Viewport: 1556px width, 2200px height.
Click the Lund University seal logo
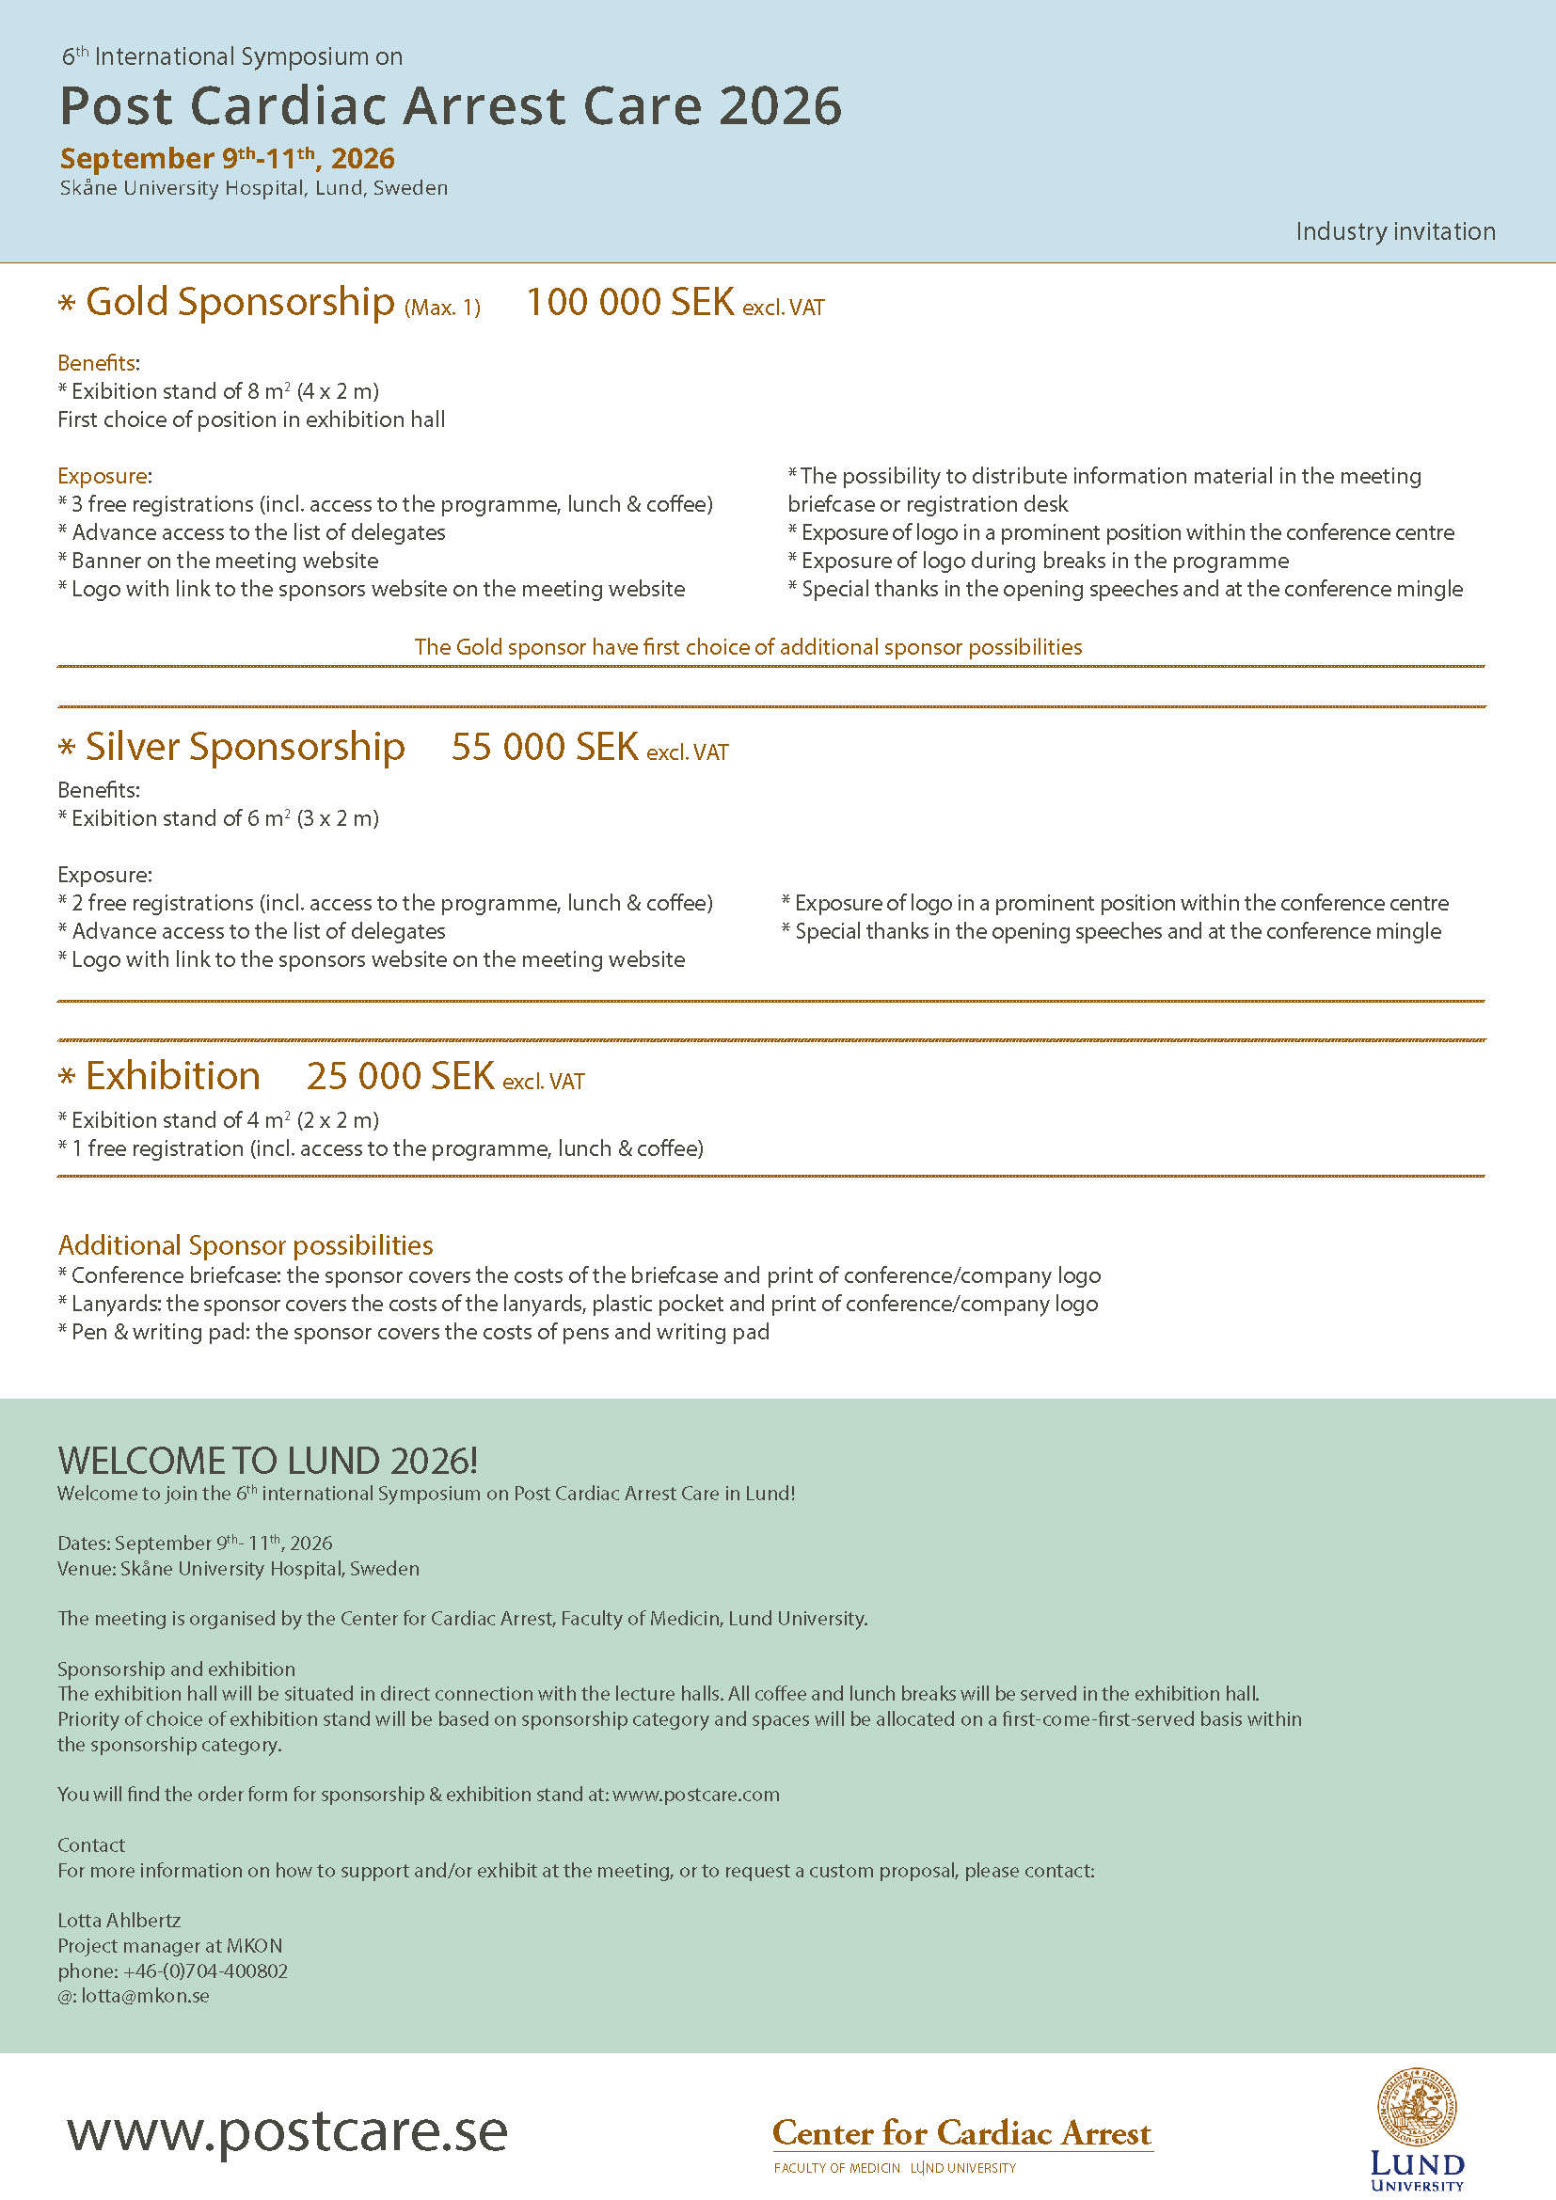tap(1416, 2107)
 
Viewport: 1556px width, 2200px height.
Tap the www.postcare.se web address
tap(288, 2131)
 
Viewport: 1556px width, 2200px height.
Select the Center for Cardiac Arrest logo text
tap(962, 2133)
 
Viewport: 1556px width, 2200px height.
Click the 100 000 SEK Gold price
tap(629, 302)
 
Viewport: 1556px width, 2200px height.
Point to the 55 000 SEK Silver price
tap(544, 748)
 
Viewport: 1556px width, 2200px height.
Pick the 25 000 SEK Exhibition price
tap(400, 1076)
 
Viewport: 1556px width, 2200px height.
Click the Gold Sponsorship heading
tap(240, 303)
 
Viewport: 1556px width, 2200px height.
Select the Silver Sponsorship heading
tap(245, 748)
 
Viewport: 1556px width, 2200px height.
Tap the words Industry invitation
tap(1395, 232)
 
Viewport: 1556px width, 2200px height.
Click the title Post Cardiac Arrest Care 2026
tap(451, 105)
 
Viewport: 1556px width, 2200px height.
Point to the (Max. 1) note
tap(442, 308)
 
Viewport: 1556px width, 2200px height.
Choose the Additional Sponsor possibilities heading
tap(246, 1244)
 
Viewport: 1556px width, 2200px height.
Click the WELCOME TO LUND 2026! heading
tap(267, 1461)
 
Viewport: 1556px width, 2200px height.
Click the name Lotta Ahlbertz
tap(119, 1921)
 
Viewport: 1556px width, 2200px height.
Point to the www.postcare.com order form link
tap(695, 1794)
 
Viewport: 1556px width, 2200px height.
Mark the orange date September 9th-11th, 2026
tap(227, 158)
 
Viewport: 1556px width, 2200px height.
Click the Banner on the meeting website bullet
tap(224, 561)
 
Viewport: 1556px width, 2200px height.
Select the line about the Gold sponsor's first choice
tap(747, 647)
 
